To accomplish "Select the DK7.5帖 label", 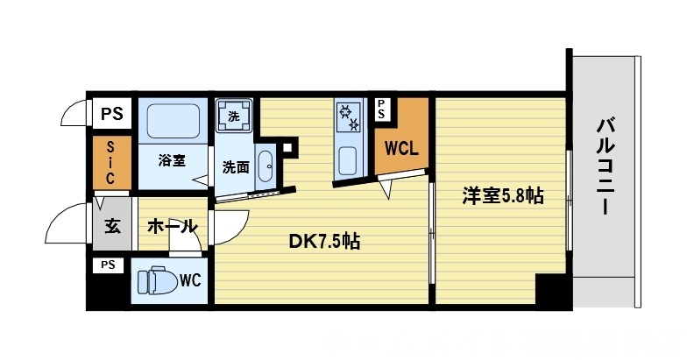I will (x=324, y=240).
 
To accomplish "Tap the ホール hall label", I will (x=171, y=227).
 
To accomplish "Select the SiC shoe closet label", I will (x=111, y=163).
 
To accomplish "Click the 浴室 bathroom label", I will (x=172, y=160).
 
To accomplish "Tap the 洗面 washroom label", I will (x=234, y=166).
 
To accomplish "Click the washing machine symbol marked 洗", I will (x=234, y=116).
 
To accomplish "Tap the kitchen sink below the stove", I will (x=347, y=160).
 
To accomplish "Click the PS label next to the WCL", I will (x=382, y=109).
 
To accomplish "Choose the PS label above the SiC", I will (x=111, y=112).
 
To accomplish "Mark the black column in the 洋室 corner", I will (x=550, y=288).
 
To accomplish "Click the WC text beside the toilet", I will (x=191, y=281).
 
